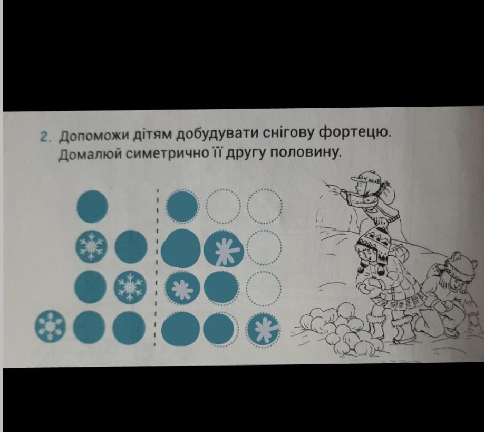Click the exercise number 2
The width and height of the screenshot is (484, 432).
pos(44,137)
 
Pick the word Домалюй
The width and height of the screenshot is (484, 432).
pos(90,155)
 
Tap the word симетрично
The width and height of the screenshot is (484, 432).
pos(166,153)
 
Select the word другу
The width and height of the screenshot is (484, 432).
pos(246,153)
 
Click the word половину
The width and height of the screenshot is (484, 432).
pos(306,152)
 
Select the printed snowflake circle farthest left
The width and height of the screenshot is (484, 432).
pos(51,327)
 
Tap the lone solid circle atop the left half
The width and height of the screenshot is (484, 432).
pos(92,206)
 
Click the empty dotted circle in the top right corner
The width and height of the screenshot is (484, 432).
pos(265,206)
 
